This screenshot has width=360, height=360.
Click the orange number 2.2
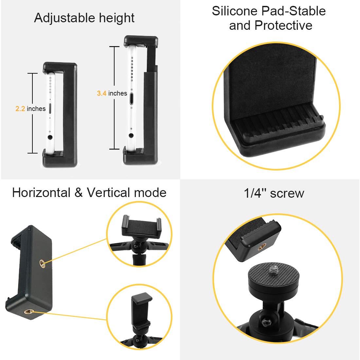pos(20,109)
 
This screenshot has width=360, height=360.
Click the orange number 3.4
pos(102,94)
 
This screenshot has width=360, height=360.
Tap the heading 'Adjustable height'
pos(84,18)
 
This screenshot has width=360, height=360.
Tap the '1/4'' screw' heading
pos(274,193)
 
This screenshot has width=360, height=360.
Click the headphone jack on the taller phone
pos(131,135)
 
